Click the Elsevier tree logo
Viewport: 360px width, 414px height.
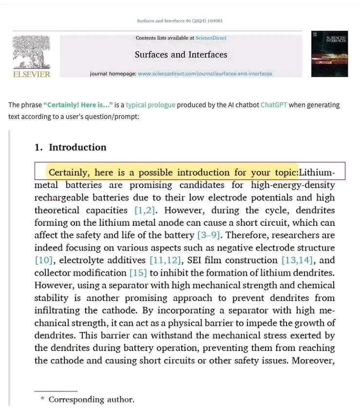[x=31, y=52]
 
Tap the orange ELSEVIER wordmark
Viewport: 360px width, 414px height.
[x=32, y=74]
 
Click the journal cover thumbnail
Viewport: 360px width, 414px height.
[x=329, y=54]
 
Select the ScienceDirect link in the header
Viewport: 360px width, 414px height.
[x=210, y=38]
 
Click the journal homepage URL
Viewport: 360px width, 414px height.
[x=205, y=74]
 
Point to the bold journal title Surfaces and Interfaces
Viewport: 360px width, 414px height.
[x=181, y=55]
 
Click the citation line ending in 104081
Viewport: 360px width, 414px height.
[x=180, y=21]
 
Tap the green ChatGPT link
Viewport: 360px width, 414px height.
[x=274, y=105]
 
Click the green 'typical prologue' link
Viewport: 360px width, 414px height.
[x=151, y=105]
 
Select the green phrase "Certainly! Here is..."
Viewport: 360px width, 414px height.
[x=78, y=105]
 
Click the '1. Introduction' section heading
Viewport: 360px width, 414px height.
[x=70, y=147]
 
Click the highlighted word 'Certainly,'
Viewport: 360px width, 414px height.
[x=69, y=173]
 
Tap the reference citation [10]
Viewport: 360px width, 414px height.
[x=44, y=260]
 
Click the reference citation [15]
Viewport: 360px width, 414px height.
[x=138, y=273]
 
